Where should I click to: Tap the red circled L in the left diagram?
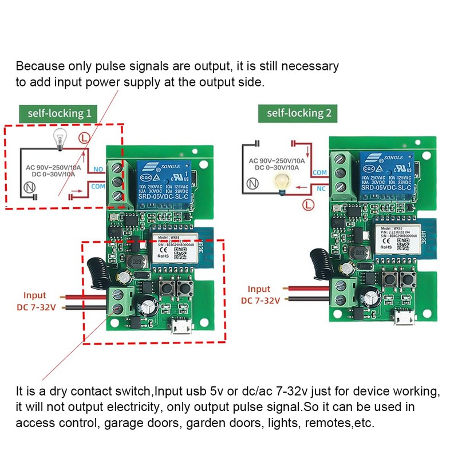[84, 138]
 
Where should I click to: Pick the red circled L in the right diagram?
[310, 203]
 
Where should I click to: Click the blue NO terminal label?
[98, 170]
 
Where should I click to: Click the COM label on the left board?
[98, 187]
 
